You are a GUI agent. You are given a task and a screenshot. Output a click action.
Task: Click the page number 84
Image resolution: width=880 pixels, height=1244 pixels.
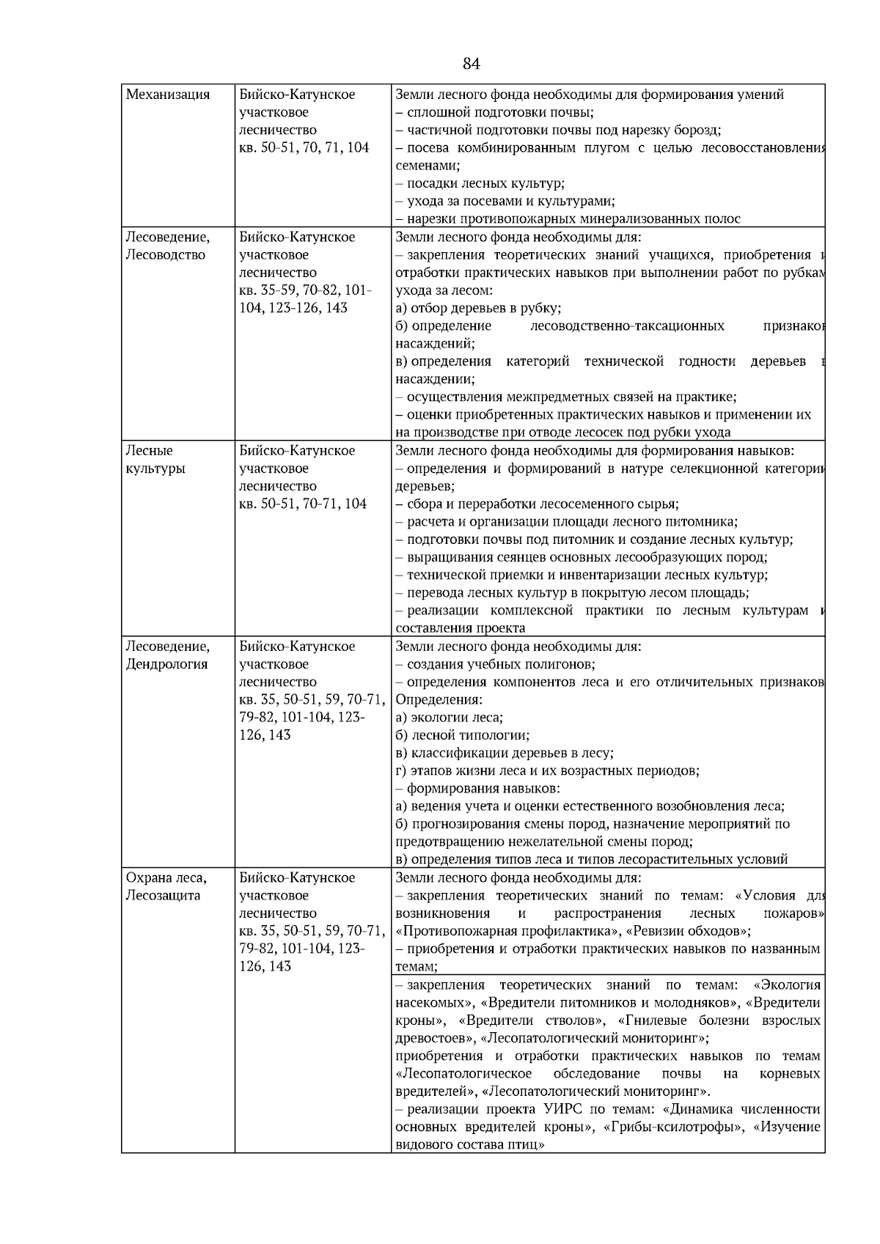click(472, 64)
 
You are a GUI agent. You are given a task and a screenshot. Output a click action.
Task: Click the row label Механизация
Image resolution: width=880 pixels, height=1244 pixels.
click(168, 95)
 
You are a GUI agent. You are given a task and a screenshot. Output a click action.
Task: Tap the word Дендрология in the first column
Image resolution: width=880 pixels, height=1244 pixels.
click(167, 664)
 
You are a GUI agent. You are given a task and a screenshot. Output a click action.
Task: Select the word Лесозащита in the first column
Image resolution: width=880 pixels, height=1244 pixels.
click(164, 896)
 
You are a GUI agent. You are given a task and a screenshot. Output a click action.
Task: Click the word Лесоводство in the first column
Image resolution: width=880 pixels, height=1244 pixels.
click(166, 255)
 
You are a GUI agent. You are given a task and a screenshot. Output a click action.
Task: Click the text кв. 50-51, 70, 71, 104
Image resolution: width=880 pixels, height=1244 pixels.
click(304, 148)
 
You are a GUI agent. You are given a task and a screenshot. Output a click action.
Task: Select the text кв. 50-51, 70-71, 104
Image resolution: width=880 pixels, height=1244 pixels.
click(303, 504)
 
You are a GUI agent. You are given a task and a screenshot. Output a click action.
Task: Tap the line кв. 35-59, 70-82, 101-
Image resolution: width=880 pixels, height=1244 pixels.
click(305, 290)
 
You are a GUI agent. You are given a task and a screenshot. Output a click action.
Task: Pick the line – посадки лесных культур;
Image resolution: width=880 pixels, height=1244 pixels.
click(480, 183)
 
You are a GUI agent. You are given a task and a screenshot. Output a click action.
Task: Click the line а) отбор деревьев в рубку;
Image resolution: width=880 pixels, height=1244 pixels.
click(478, 308)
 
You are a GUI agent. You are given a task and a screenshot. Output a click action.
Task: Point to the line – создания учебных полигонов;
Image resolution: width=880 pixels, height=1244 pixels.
click(495, 664)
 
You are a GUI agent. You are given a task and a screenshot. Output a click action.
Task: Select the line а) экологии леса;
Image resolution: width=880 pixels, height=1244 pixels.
click(449, 718)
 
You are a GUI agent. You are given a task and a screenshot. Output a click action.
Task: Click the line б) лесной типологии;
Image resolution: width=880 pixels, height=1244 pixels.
click(462, 735)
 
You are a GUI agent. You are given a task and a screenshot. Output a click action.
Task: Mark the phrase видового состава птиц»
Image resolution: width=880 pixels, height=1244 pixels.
click(469, 1144)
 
